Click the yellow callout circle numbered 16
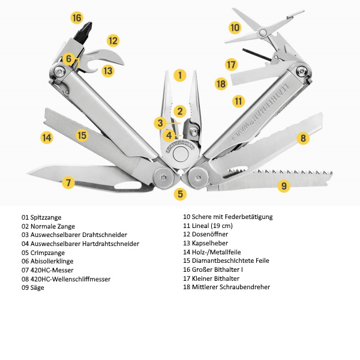pos(76,17)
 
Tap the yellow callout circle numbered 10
pos(235,28)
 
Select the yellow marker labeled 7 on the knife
pos(68,182)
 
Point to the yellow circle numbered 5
pos(181,194)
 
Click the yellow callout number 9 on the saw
pos(284,185)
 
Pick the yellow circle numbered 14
pos(47,137)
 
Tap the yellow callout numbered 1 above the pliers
pos(179,76)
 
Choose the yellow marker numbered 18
pos(221,83)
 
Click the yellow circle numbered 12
pos(113,41)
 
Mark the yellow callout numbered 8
pos(303,138)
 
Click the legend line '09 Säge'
pos(32,288)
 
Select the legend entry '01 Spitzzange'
pos(41,217)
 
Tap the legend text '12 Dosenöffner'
pos(206,235)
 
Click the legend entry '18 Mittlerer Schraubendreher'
pos(227,287)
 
